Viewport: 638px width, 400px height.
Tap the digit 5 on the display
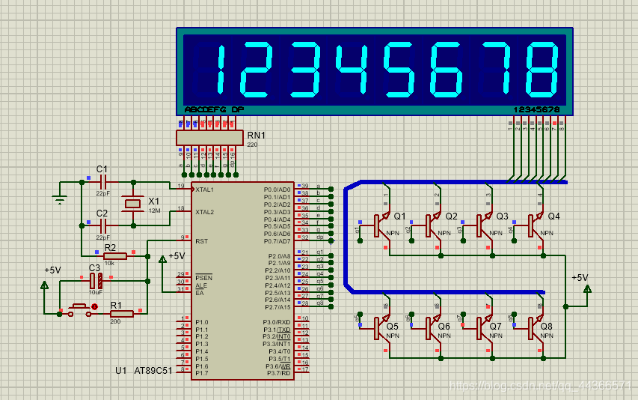tap(399, 70)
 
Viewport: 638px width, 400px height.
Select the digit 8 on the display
tap(542, 70)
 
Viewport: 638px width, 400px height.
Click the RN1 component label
tap(257, 136)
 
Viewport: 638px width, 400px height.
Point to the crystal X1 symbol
tap(133, 203)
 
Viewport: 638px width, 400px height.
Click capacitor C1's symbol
tap(103, 181)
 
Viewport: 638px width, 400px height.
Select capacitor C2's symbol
tap(103, 224)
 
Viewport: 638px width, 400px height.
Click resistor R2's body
tap(114, 256)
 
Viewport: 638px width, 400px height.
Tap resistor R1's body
tap(121, 313)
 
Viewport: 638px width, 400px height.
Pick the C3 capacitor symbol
tap(95, 281)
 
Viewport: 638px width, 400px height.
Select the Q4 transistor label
tap(553, 216)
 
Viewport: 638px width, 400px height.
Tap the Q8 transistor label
tap(546, 327)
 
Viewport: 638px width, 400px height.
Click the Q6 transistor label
tap(444, 327)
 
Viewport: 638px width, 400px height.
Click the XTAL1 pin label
tap(205, 190)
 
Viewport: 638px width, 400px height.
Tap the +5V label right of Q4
tap(580, 277)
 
